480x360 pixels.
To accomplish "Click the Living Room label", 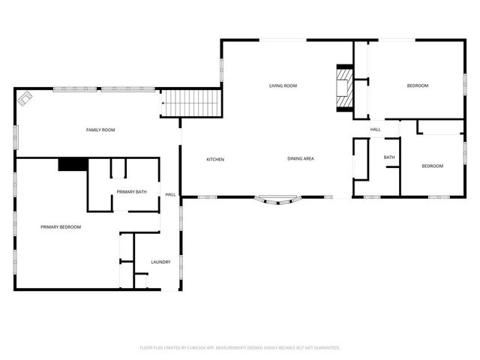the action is pyautogui.click(x=283, y=85).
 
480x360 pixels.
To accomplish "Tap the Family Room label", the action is pyautogui.click(x=100, y=130).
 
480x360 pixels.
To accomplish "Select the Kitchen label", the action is pyautogui.click(x=215, y=160).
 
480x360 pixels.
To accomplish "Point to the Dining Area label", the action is pyautogui.click(x=301, y=158).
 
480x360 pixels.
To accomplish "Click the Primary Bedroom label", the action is pyautogui.click(x=61, y=226).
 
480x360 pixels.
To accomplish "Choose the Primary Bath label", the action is pyautogui.click(x=132, y=192).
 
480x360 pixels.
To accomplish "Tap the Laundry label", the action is pyautogui.click(x=160, y=262).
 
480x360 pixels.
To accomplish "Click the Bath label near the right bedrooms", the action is pyautogui.click(x=389, y=157).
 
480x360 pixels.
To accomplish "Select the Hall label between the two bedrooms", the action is pyautogui.click(x=375, y=130).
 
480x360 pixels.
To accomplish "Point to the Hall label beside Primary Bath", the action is pyautogui.click(x=170, y=194).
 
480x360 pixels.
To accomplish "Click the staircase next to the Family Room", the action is pyautogui.click(x=191, y=103).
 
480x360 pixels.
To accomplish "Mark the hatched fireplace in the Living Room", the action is pyautogui.click(x=345, y=88).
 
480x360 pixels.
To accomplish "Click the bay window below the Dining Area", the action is pyautogui.click(x=278, y=200).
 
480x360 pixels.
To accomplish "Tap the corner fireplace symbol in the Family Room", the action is pyautogui.click(x=25, y=98).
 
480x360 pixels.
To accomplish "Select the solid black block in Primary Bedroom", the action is pyautogui.click(x=73, y=164).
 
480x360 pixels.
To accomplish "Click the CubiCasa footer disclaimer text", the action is pyautogui.click(x=240, y=348).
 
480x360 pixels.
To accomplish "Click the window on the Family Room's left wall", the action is pyautogui.click(x=16, y=137).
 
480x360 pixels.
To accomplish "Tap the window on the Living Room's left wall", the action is pyautogui.click(x=221, y=70).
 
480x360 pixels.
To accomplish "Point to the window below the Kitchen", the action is pyautogui.click(x=208, y=196).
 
